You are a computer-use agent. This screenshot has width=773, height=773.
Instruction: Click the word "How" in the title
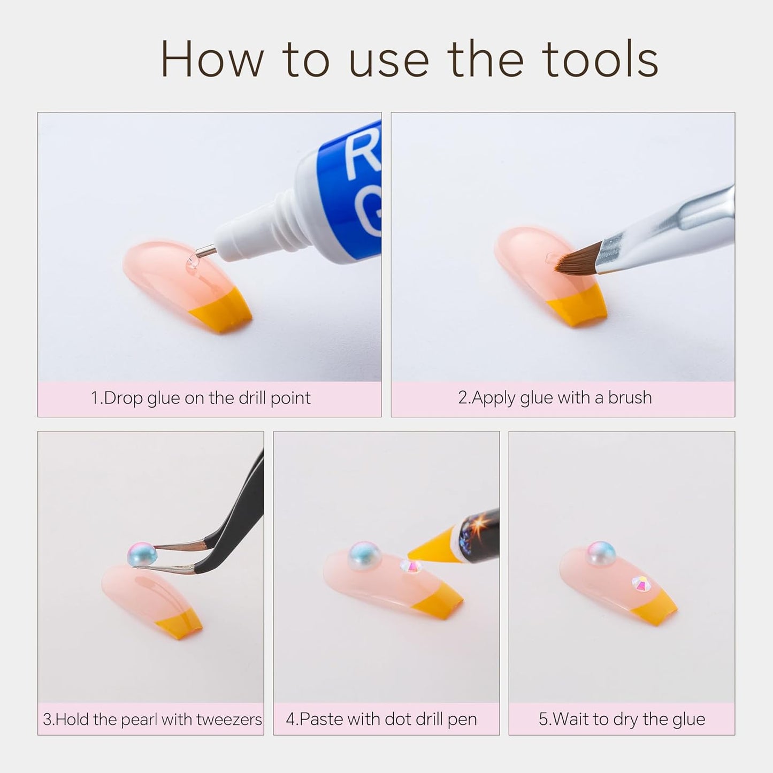click(x=212, y=59)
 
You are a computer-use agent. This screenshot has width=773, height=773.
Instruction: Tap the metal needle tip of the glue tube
click(x=206, y=251)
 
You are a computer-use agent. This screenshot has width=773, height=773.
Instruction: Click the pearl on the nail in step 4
click(x=365, y=556)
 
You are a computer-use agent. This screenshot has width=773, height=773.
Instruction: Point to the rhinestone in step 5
click(x=641, y=584)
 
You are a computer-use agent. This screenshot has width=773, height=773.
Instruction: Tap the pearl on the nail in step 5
click(x=601, y=553)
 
